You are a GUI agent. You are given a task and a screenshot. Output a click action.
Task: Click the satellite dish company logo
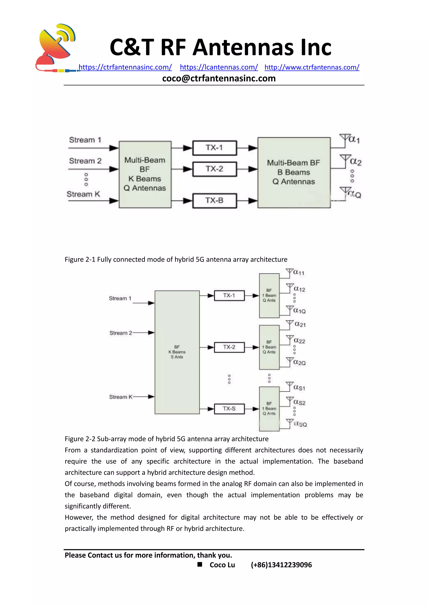(x=56, y=47)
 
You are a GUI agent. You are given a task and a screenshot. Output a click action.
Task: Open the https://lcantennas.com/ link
(x=219, y=67)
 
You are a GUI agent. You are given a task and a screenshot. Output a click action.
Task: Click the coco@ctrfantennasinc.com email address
(x=219, y=78)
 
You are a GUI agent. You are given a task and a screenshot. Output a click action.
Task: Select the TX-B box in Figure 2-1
(x=215, y=201)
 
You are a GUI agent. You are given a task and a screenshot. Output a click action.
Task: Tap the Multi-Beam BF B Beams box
(x=294, y=172)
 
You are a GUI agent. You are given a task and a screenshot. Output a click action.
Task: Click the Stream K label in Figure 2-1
(x=83, y=194)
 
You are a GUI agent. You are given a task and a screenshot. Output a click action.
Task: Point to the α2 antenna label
(x=355, y=161)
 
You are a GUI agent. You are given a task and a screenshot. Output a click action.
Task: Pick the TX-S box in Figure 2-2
(x=229, y=409)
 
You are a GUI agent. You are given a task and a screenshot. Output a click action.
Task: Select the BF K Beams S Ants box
(x=177, y=352)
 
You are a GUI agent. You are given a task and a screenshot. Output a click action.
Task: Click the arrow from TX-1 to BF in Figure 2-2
(x=252, y=296)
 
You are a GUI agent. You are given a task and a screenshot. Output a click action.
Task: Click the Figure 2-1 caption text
(x=176, y=259)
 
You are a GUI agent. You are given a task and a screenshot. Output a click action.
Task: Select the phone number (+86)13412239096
(x=281, y=565)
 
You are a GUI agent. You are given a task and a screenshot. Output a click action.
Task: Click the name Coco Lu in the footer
(x=222, y=565)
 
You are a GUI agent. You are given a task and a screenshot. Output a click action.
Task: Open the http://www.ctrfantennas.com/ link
(x=312, y=67)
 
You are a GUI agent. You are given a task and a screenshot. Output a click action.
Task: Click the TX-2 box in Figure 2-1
(x=215, y=169)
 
